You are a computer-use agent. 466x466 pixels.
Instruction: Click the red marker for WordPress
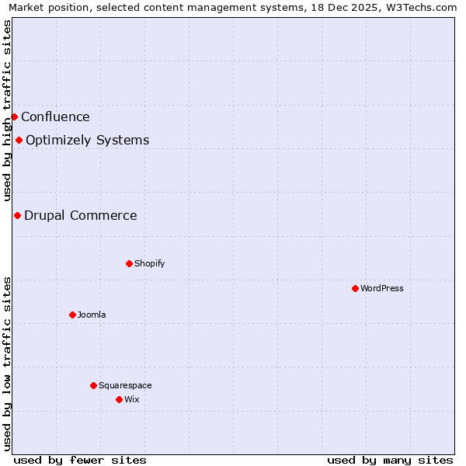click(355, 288)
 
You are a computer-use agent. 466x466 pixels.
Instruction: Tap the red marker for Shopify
click(129, 263)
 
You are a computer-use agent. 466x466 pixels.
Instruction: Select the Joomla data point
click(72, 315)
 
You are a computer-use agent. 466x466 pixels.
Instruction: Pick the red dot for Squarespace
click(93, 385)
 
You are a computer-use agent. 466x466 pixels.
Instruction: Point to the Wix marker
click(119, 399)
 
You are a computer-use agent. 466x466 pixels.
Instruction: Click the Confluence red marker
click(14, 116)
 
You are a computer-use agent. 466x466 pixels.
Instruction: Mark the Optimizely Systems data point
click(19, 140)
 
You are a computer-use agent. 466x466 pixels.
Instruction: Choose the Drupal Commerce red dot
click(17, 215)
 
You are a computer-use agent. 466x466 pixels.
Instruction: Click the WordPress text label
click(382, 288)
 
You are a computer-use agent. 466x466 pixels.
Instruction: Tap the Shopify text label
click(150, 263)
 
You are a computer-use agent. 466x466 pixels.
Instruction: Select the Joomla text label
click(92, 315)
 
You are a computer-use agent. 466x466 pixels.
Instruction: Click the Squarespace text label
click(125, 385)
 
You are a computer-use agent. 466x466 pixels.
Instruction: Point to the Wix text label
click(132, 399)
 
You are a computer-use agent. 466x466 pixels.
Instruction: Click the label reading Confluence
click(55, 117)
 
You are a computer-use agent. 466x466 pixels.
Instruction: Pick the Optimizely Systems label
click(88, 141)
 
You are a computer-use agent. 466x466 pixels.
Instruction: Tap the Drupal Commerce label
click(81, 216)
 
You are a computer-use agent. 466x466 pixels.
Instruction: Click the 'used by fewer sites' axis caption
click(80, 460)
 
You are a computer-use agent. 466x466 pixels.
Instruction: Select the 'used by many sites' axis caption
click(390, 460)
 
